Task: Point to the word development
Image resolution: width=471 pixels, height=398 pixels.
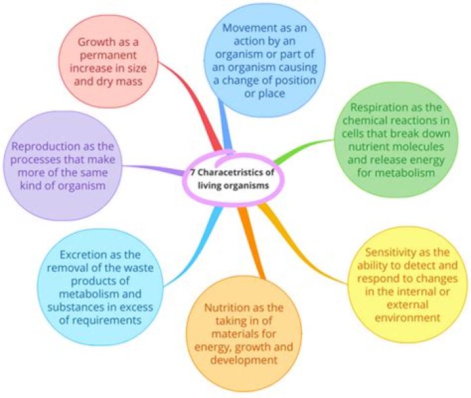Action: point(243,360)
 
